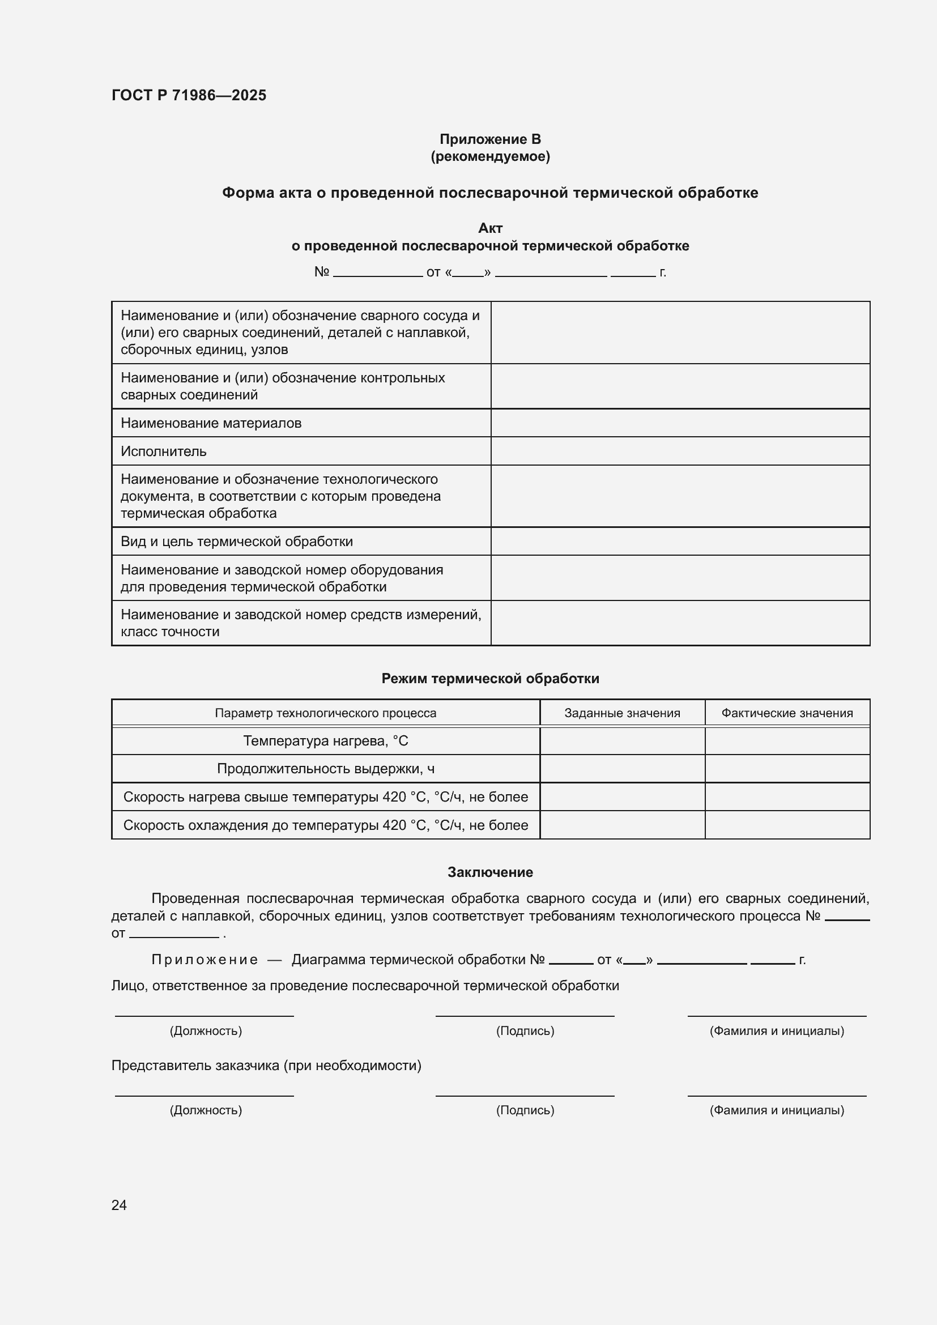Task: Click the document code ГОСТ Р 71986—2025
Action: tap(189, 95)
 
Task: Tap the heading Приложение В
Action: tap(490, 139)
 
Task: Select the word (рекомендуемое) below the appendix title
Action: tap(490, 156)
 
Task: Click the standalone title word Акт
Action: tap(490, 228)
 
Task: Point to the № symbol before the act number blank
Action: tap(321, 272)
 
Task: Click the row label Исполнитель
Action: tap(163, 451)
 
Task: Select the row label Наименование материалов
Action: tap(211, 423)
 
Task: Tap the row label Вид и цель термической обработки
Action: tap(237, 542)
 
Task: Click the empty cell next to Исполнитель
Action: tap(680, 451)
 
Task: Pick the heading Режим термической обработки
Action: tap(490, 679)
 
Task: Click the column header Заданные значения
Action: tap(622, 713)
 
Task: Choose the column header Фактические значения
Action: tap(787, 713)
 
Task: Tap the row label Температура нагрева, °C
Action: tap(325, 740)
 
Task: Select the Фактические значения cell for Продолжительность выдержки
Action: tap(787, 769)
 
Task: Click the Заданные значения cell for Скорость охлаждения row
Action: tap(622, 825)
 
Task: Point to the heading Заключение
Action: tap(490, 872)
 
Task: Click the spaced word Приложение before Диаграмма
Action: tap(205, 960)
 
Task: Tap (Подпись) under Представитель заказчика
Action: tap(525, 1110)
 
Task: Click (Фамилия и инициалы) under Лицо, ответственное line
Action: tap(777, 1030)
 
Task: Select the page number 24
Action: tap(119, 1204)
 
